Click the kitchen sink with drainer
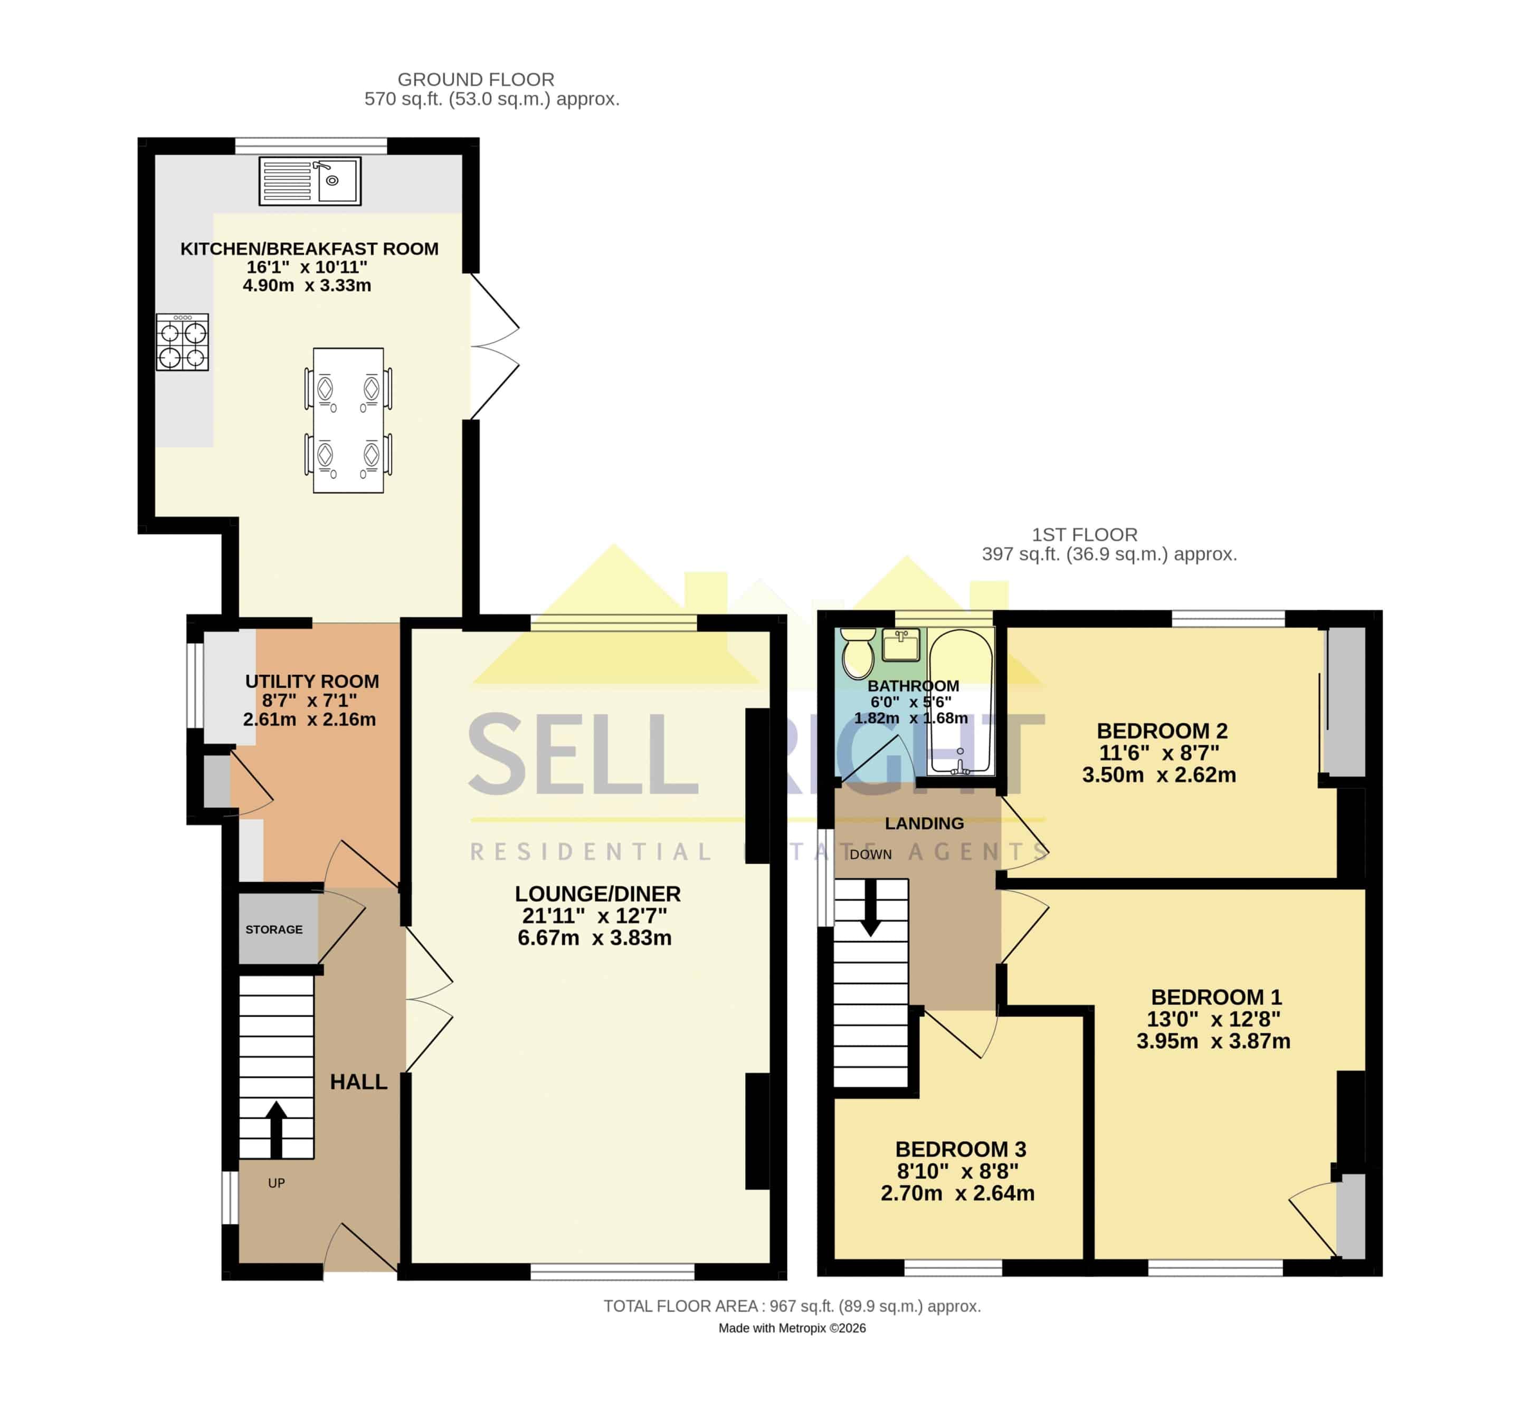pyautogui.click(x=310, y=180)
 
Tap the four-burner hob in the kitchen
pyautogui.click(x=182, y=342)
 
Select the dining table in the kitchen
pyautogui.click(x=348, y=420)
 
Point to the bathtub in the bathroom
pyautogui.click(x=961, y=702)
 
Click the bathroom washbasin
pyautogui.click(x=901, y=645)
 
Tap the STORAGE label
pyautogui.click(x=274, y=930)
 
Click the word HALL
pyautogui.click(x=358, y=1081)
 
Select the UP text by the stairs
pyautogui.click(x=276, y=1183)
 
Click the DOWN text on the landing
pyautogui.click(x=871, y=855)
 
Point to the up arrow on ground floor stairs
pyautogui.click(x=276, y=1130)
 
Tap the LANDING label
pyautogui.click(x=924, y=823)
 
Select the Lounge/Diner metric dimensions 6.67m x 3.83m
pyautogui.click(x=595, y=938)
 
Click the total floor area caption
pyautogui.click(x=792, y=1306)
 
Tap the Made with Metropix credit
pyautogui.click(x=792, y=1328)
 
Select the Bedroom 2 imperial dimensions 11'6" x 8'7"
pyautogui.click(x=1159, y=753)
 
